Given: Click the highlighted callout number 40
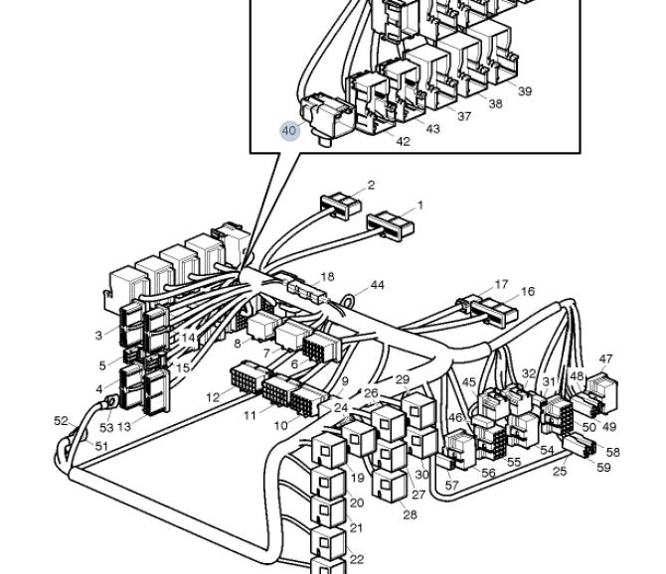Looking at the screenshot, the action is click(289, 131).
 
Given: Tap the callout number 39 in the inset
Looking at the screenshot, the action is click(525, 91).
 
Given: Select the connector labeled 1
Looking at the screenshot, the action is click(391, 224).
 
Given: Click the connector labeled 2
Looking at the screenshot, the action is click(341, 206).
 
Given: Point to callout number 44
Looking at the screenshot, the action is click(378, 285).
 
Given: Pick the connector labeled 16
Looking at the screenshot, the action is click(494, 312).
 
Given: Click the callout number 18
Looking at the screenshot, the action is click(327, 277).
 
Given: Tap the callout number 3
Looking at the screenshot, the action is click(98, 336).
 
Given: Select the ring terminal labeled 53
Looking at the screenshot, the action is click(110, 401).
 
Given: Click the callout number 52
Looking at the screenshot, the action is click(62, 421).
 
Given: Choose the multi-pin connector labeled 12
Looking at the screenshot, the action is click(250, 375).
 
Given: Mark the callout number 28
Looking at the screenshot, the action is click(410, 515).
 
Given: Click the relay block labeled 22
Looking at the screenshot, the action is click(328, 542).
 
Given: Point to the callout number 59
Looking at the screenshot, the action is click(603, 468).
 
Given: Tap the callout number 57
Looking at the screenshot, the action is click(451, 486).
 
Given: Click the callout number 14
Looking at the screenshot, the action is click(188, 338).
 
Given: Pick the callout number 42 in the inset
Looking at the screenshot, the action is click(404, 142).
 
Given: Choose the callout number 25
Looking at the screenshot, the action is click(560, 472).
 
